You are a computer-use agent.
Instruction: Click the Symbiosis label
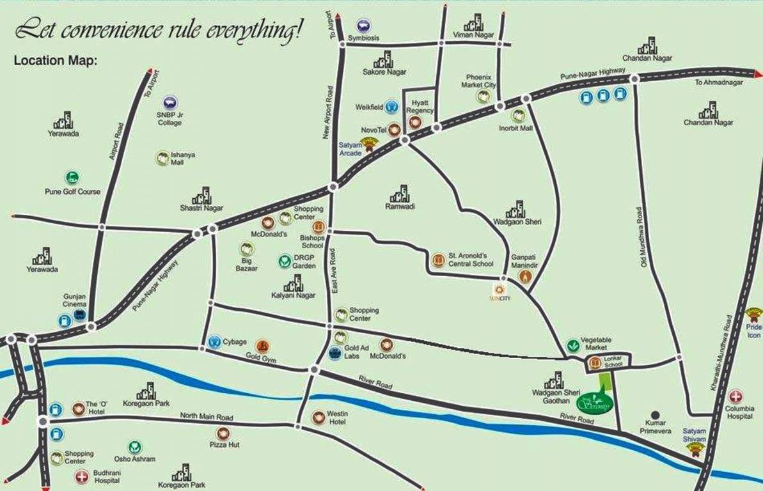point(363,38)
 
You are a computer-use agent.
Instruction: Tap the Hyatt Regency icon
point(415,122)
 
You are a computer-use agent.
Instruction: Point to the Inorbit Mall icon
point(518,115)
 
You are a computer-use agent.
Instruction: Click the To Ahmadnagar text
point(720,82)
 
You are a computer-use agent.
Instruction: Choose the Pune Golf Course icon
point(72,178)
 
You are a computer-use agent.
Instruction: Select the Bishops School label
point(312,241)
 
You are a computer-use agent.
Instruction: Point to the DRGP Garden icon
point(285,261)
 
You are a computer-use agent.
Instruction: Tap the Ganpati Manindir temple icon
point(525,276)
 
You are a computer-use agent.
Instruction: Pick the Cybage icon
point(214,341)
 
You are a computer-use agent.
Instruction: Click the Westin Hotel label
point(337,418)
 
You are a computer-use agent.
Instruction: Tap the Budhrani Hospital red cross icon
point(81,476)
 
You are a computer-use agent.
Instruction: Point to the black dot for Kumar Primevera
point(654,415)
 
